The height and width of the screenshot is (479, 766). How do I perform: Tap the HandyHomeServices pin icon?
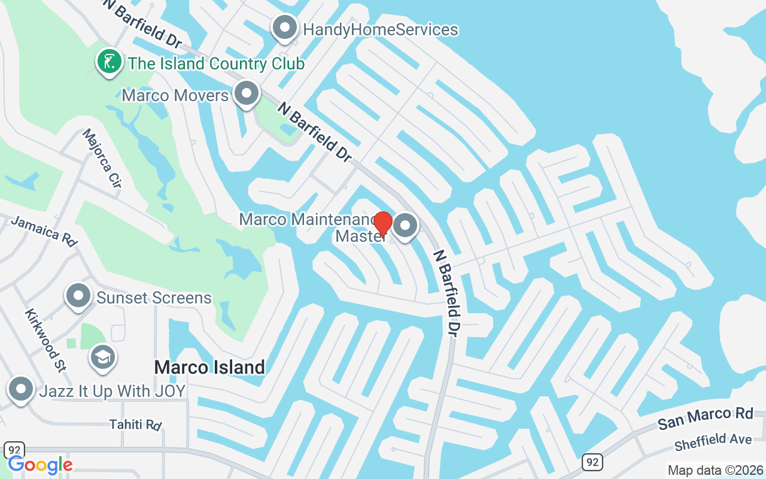point(285,28)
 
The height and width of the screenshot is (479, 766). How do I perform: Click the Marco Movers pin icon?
point(245,93)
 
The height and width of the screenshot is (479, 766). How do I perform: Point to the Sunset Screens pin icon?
point(78,296)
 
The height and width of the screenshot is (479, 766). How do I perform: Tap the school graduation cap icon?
point(103,357)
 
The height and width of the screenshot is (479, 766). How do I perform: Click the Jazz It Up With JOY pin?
point(22,389)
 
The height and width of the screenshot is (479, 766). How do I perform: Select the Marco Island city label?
point(209,367)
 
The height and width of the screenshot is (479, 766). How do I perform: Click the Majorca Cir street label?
point(102,159)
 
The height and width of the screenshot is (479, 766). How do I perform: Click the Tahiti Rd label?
point(136,425)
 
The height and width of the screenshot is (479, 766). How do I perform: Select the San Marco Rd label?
point(705,417)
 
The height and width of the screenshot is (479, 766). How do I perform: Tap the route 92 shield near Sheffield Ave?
point(592,462)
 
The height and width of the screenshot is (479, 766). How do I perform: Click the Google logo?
point(40,465)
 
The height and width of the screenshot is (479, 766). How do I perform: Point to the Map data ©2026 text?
point(715,470)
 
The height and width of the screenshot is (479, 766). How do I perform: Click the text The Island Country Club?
point(216,63)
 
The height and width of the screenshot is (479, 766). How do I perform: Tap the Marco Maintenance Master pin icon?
point(406,226)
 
